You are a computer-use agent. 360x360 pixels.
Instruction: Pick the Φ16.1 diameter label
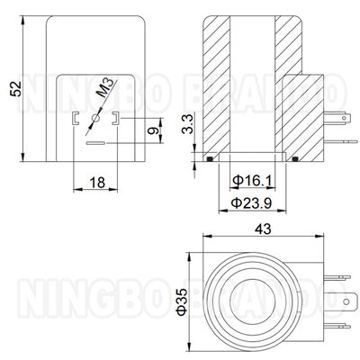point(251,181)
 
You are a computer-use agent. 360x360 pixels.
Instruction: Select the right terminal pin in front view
point(115,117)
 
